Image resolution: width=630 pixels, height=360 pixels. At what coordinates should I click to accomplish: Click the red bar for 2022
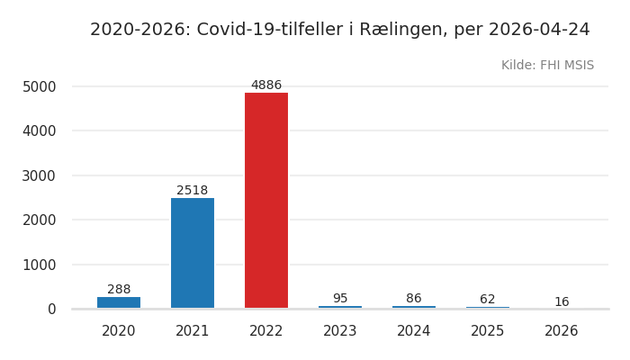click(266, 201)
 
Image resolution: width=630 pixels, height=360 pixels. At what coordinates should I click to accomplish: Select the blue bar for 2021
click(193, 253)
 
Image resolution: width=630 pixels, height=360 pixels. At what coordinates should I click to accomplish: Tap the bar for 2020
click(119, 302)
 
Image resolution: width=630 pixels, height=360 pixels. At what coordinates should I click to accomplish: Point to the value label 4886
click(266, 85)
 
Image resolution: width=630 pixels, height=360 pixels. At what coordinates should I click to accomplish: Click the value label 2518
click(193, 191)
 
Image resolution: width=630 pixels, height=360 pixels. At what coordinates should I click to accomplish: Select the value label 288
click(119, 290)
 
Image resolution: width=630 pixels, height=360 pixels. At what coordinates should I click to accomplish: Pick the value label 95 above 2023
click(340, 299)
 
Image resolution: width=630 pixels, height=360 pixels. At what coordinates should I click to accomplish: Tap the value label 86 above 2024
click(414, 299)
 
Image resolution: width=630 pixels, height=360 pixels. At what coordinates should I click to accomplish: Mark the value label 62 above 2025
click(488, 300)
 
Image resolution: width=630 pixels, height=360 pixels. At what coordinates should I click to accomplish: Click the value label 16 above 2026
click(562, 302)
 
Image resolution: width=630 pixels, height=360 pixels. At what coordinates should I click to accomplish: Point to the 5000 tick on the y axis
click(40, 87)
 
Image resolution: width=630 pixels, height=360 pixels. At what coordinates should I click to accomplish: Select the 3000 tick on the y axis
click(40, 175)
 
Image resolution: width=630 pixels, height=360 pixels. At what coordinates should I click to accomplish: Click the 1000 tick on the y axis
click(40, 265)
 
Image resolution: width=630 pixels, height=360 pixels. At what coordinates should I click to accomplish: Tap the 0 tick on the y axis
click(51, 310)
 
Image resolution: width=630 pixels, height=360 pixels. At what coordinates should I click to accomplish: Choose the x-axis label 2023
click(340, 331)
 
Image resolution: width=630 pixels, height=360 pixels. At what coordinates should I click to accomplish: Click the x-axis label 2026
click(562, 331)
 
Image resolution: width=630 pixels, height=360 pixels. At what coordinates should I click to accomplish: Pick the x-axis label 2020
click(119, 331)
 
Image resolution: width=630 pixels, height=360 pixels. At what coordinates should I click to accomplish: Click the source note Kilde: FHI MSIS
click(547, 66)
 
